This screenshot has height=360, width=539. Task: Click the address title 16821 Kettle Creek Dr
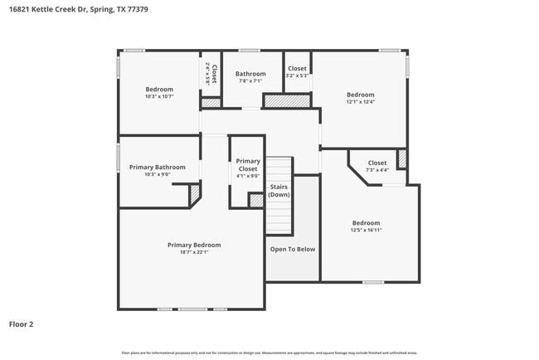coord(62,11)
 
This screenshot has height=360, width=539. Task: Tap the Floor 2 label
coord(22,324)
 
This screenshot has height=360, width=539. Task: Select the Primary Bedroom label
coord(194,245)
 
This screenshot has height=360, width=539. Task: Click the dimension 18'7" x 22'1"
coord(194,252)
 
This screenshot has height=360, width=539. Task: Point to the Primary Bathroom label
coord(158,167)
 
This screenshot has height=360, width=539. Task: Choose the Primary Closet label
coord(248,164)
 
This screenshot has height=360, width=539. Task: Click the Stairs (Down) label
coord(279,191)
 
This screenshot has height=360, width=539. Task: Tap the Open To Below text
coord(293,249)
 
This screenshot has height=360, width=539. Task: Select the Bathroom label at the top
coord(250,74)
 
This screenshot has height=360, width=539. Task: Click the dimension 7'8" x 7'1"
coord(250,81)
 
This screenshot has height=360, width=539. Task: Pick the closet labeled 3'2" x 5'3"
coord(297,75)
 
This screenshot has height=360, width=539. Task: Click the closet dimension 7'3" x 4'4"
coord(377,170)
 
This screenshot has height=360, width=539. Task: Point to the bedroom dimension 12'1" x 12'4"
coord(360,102)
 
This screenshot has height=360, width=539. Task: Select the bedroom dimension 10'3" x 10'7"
coord(159,96)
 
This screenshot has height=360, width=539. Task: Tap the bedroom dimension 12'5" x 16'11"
coord(366,230)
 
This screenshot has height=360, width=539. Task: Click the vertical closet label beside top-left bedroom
coord(214,75)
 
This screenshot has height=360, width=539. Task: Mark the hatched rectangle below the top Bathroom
coord(287,100)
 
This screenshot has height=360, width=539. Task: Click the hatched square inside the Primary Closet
coord(256,200)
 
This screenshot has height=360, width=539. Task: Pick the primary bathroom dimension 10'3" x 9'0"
coord(158,174)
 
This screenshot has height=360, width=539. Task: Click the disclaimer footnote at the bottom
coord(269,353)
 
